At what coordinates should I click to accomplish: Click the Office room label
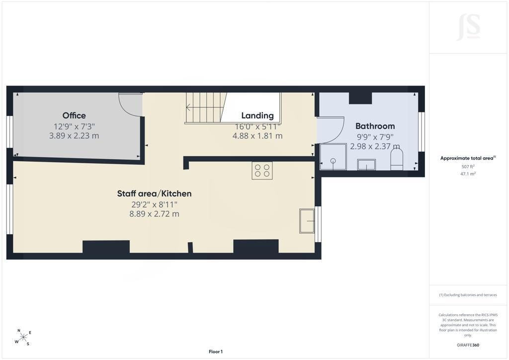coord(74,115)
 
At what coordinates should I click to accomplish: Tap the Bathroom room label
coord(375,126)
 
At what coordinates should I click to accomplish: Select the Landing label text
coord(257,115)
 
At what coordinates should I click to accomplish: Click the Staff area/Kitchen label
coord(154,193)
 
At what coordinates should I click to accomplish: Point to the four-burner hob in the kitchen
coord(262,171)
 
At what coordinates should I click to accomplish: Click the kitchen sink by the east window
coord(307,221)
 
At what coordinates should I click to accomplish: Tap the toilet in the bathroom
coord(396,160)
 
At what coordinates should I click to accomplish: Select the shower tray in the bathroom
coord(333,157)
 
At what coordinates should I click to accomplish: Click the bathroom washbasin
coord(366,165)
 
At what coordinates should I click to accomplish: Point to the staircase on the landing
coord(205,108)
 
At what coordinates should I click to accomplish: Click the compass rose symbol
coord(23,338)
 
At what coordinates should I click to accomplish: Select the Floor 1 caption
coord(216,352)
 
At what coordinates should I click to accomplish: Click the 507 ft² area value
coord(468,167)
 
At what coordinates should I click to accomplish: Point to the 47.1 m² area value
coord(468,174)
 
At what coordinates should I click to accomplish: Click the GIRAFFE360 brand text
coord(468,345)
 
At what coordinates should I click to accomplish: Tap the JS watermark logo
coord(468,27)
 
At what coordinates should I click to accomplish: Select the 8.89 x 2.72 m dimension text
coord(154,214)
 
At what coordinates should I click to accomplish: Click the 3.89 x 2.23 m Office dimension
coord(74,136)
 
